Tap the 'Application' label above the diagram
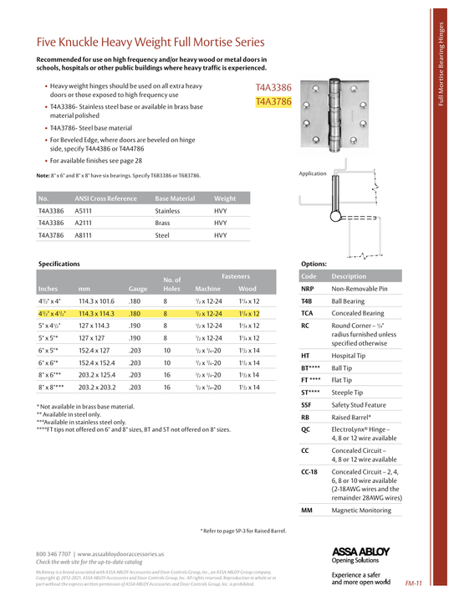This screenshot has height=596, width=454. pos(312,173)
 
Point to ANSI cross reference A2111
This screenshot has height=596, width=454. pos(84,223)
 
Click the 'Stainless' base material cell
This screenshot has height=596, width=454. pos(168,211)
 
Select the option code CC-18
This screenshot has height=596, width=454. pos(309,472)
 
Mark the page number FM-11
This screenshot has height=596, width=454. pos(413,583)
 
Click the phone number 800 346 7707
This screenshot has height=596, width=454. pos(55,554)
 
